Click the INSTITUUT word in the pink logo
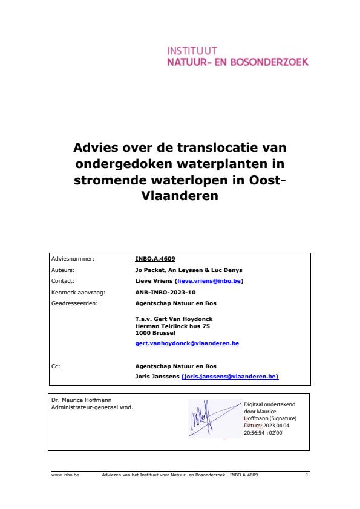click(x=192, y=51)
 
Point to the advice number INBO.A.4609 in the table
click(x=155, y=258)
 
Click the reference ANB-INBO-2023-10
click(x=162, y=292)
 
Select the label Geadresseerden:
click(x=74, y=303)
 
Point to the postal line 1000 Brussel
click(x=155, y=332)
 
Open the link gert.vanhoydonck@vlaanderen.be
click(x=188, y=343)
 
